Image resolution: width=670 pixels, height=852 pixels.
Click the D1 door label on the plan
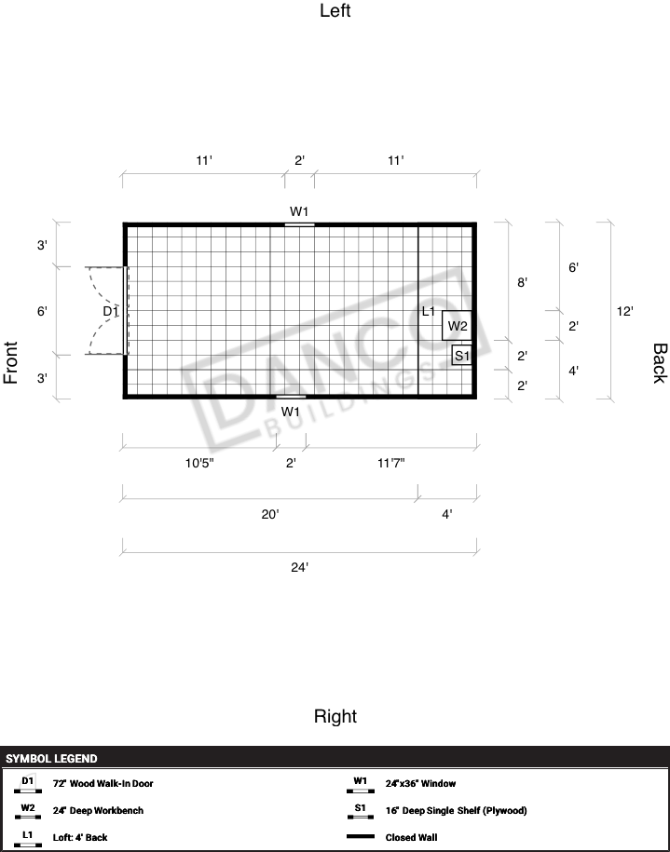pos(110,311)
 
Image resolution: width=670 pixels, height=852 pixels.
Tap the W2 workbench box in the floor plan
pos(457,326)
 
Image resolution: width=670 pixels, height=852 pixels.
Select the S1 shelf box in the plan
pos(461,356)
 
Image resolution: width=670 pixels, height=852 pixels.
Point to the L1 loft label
pos(429,311)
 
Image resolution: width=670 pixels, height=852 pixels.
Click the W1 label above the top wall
pos(299,211)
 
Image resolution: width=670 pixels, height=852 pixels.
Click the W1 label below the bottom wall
pos(291,412)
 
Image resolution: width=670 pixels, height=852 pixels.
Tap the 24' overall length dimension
pos(300,567)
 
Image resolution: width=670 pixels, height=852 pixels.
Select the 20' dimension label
pos(270,514)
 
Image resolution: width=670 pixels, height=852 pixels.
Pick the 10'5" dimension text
pos(199,463)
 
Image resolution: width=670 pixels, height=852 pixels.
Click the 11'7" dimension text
pos(391,463)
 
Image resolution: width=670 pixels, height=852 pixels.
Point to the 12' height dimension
pos(625,311)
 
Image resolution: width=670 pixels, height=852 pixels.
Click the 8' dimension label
pos(522,282)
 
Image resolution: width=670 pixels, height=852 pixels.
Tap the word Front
pos(11,363)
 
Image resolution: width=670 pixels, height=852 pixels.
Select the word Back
pos(659,363)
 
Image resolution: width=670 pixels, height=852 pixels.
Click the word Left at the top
pos(335,10)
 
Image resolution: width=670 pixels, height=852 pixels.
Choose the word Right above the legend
pos(335,716)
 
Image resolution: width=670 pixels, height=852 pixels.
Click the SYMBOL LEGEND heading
pos(51,759)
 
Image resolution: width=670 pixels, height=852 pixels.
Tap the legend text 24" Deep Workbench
pos(99,810)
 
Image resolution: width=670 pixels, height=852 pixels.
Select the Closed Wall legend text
pos(411,837)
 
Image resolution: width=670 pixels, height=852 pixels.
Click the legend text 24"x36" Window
pos(421,783)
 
